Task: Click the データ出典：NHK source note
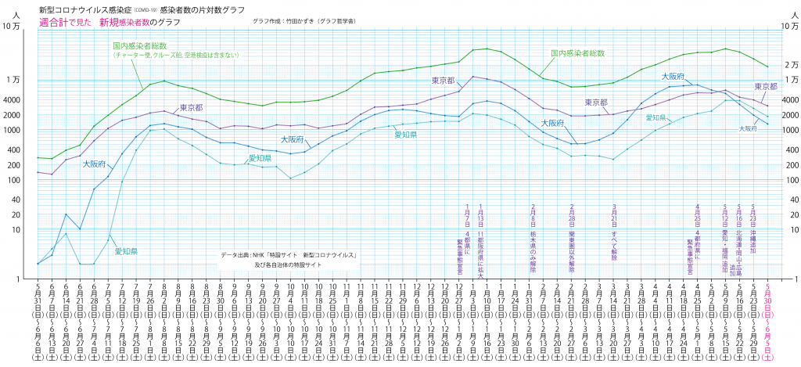[289, 255]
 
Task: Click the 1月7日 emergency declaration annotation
[467, 238]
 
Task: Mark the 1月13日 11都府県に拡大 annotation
[480, 238]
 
